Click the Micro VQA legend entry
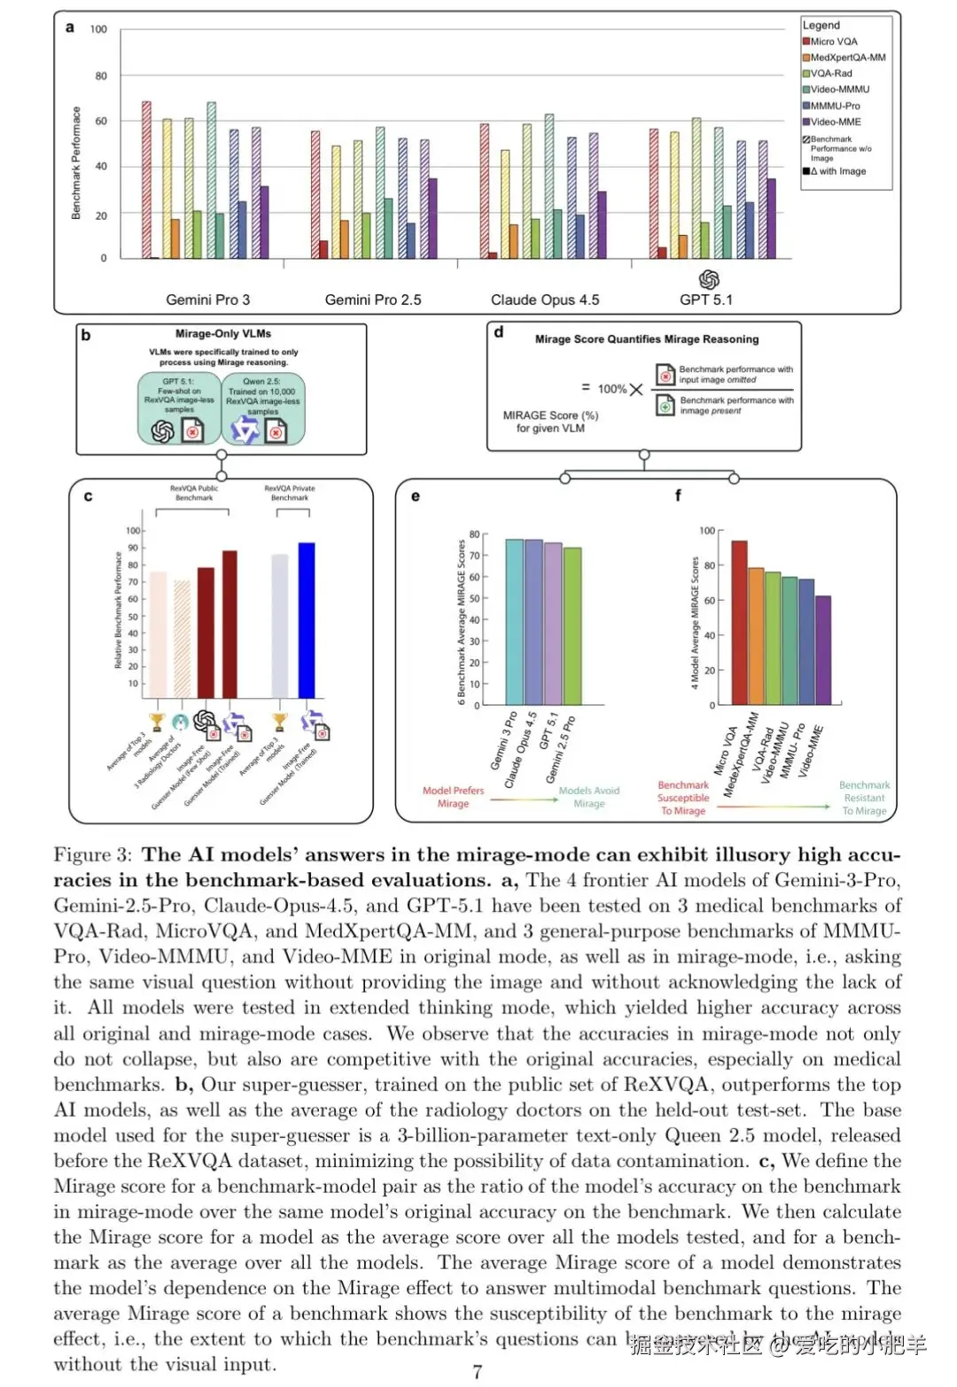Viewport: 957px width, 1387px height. coord(834,42)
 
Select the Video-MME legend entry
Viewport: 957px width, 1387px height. coord(836,122)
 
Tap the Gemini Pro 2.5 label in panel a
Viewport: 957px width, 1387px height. coord(373,300)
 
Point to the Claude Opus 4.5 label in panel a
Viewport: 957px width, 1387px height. coord(545,300)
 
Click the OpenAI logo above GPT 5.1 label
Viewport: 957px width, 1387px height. coord(709,280)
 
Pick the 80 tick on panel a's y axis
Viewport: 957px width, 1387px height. coord(101,76)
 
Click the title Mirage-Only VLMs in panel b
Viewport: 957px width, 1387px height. coord(223,334)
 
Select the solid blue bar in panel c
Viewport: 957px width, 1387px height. coord(307,619)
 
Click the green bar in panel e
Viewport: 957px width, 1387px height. coord(572,626)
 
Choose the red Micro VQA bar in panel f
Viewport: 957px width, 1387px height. coord(739,622)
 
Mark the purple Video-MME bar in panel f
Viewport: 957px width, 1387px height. coord(823,651)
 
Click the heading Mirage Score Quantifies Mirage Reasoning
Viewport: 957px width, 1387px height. coord(647,339)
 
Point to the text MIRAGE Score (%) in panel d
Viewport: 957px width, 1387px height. coord(550,415)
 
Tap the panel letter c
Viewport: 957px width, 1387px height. coord(88,496)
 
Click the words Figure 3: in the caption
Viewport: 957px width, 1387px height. coord(92,855)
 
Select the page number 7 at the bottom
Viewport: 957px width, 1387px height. coord(478,1372)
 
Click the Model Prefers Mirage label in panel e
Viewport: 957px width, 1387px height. coord(453,797)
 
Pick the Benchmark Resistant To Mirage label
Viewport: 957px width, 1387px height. coord(864,798)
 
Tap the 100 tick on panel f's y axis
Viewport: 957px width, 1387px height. coord(706,531)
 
